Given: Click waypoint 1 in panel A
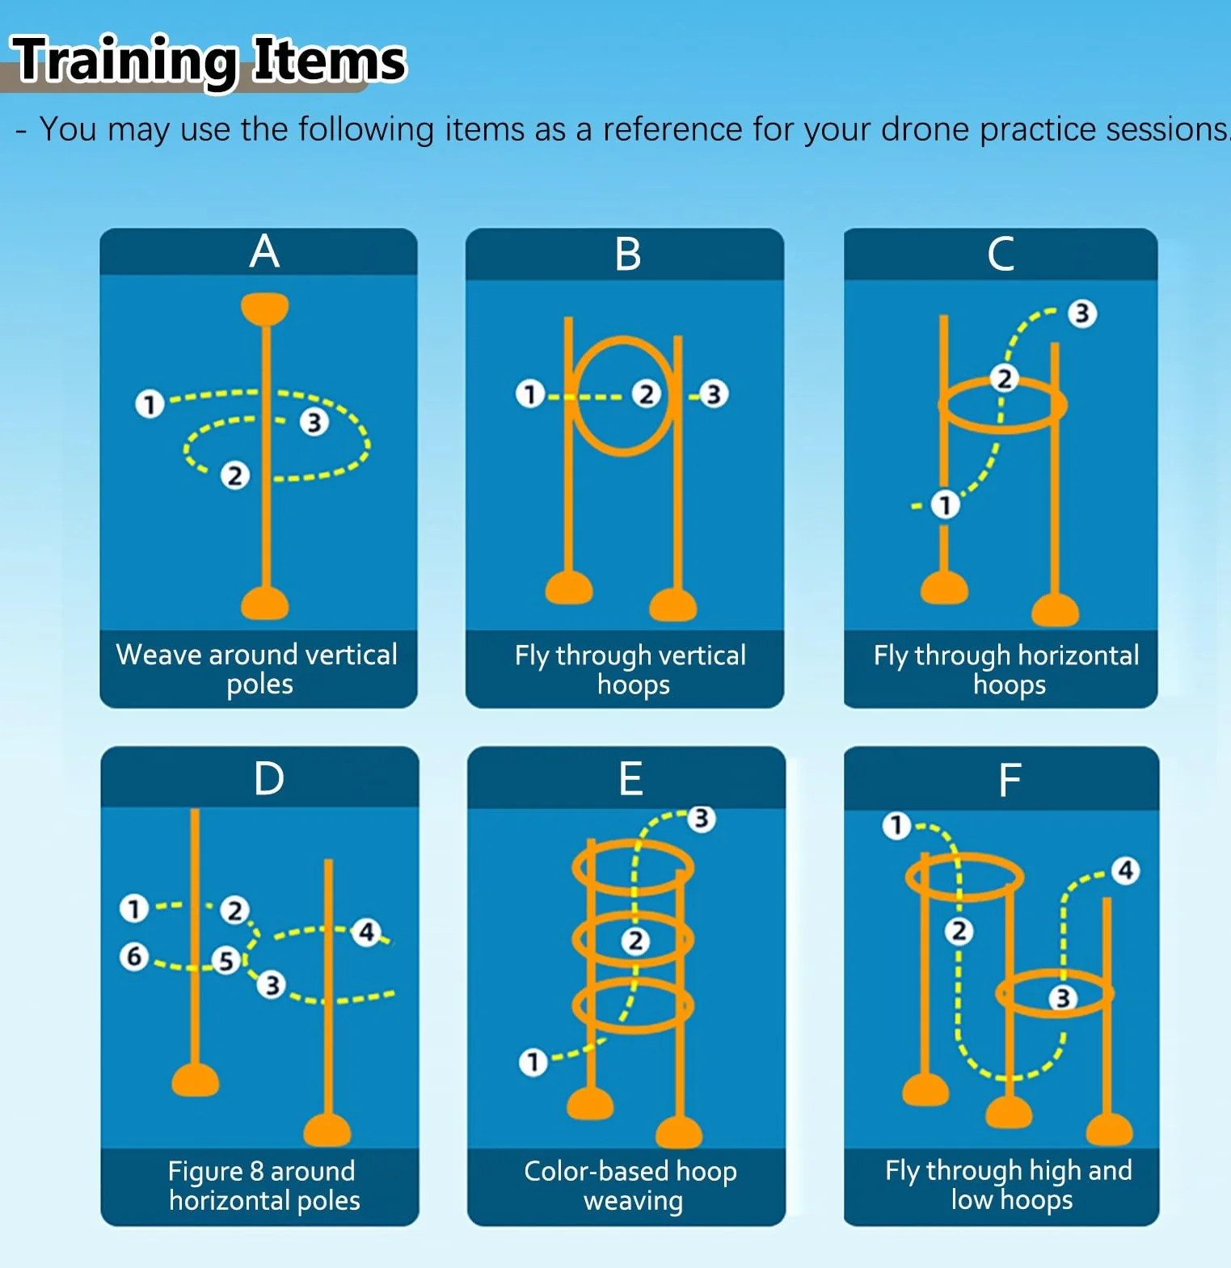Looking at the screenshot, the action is pos(150,403).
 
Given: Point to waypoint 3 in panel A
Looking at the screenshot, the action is pos(314,422).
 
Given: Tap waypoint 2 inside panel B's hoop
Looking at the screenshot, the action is pos(646,394).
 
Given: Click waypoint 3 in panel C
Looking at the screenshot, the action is pos(1082,314).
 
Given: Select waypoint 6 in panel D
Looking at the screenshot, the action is pos(134,957).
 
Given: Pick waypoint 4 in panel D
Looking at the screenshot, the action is pos(366,932).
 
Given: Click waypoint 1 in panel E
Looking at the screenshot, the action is pos(533,1062).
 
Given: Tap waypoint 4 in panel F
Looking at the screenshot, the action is pos(1125,870).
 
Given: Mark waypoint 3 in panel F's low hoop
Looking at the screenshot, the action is pos(1063,998).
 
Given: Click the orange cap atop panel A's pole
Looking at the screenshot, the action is pos(265,308).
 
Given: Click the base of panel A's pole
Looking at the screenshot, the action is pos(265,603).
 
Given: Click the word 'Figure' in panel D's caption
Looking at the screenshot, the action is pos(205,1172).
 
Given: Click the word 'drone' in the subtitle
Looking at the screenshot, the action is pos(925,129).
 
